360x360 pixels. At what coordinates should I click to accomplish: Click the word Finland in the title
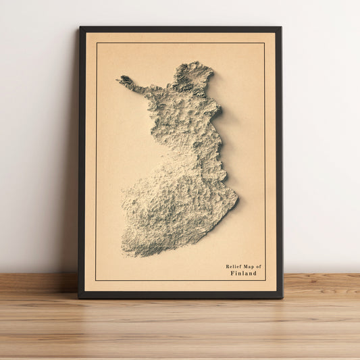243,274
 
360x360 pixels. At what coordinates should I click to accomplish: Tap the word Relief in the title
233,267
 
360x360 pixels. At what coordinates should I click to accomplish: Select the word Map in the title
247,267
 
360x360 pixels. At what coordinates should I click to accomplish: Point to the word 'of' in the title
257,267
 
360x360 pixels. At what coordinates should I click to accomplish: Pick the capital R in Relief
228,267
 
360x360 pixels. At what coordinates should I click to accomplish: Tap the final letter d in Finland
255,274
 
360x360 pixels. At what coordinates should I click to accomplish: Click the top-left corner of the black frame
80,27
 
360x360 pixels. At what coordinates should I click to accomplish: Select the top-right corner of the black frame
281,28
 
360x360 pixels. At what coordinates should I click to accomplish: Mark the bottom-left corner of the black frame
78,297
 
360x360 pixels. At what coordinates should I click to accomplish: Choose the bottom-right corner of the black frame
282,297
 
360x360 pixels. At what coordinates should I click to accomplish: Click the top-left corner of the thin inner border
96,43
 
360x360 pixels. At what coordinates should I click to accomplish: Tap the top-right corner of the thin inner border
265,43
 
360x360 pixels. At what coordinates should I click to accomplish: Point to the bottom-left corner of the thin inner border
96,280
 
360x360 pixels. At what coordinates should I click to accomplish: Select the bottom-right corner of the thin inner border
265,280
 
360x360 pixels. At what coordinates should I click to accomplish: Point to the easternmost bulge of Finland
236,197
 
